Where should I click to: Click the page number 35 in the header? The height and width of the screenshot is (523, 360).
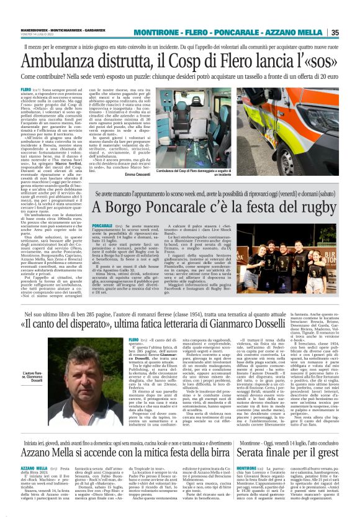(351, 32)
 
